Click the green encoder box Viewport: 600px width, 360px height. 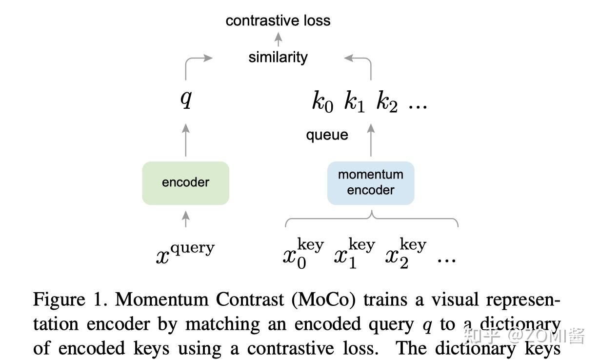pos(185,183)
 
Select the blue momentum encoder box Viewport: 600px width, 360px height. pos(370,183)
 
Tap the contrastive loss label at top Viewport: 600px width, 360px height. pos(278,20)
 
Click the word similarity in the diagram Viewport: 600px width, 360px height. pos(278,57)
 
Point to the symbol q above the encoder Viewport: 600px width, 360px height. pos(185,99)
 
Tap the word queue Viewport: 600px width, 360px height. pos(327,135)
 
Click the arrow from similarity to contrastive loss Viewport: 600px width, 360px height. pos(278,39)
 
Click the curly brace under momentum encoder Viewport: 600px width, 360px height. pos(371,220)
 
